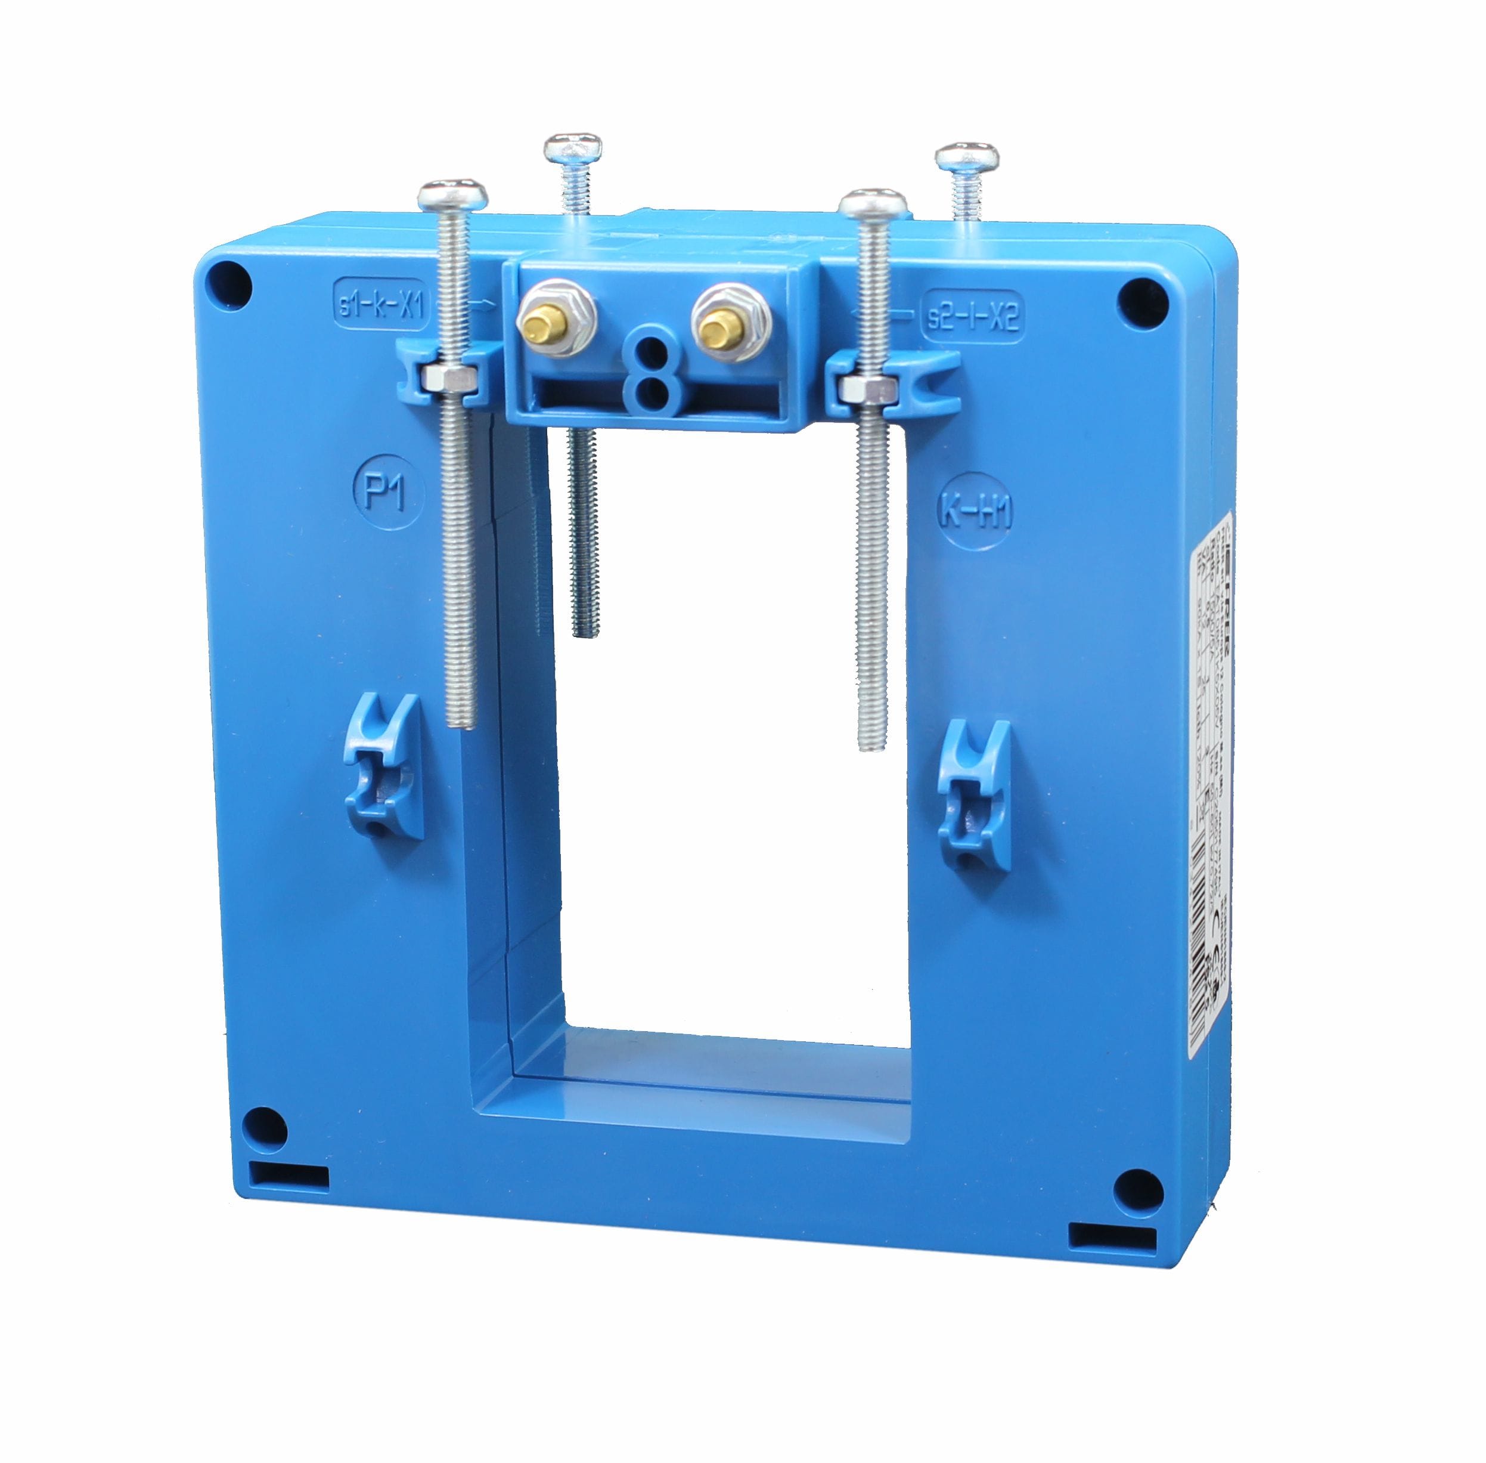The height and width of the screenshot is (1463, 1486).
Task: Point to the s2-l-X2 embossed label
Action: click(x=972, y=315)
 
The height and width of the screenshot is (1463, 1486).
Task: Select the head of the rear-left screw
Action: click(x=572, y=147)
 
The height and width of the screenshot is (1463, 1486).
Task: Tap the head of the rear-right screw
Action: click(x=967, y=157)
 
